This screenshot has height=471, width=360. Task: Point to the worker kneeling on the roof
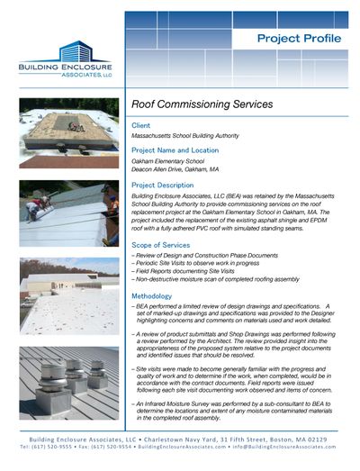coord(33,210)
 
